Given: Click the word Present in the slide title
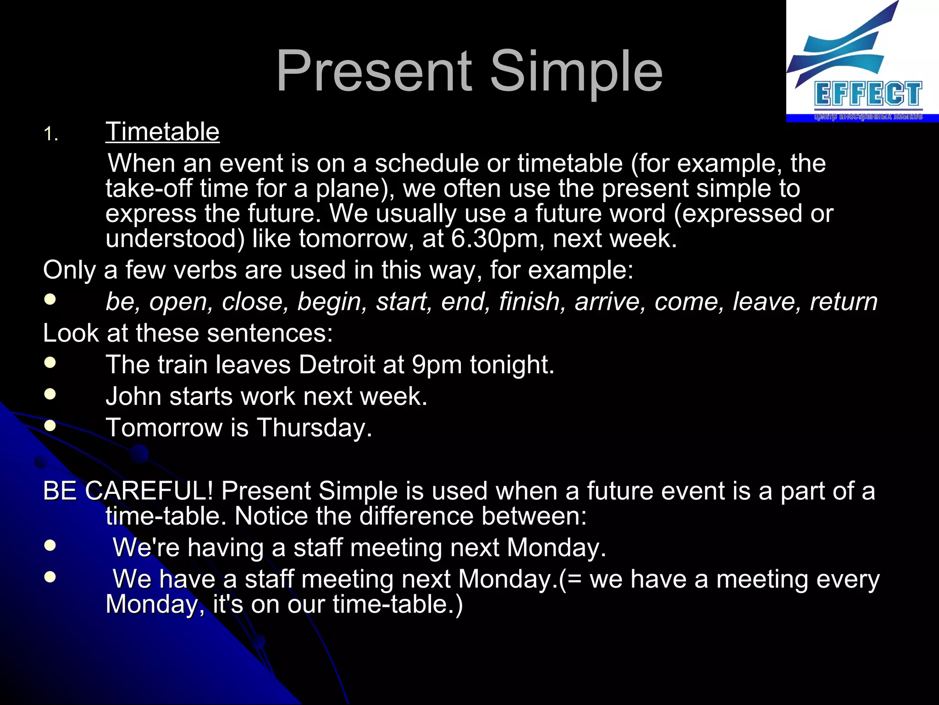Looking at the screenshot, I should tap(374, 71).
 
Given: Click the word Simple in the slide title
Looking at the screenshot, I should tap(576, 71).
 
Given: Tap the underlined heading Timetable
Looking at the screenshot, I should tap(162, 132).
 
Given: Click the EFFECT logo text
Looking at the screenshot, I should tap(868, 95).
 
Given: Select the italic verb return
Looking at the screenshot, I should tap(843, 302).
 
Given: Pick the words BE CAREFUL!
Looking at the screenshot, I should tap(127, 491).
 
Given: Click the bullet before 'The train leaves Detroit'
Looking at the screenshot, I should tap(50, 363).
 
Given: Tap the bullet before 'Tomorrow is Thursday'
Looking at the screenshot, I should tap(50, 425).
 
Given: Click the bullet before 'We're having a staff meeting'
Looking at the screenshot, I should tap(50, 545).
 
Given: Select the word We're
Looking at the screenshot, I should tap(146, 548).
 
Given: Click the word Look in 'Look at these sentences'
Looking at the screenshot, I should tap(71, 333).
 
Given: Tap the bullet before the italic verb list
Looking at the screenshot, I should tap(50, 299).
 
